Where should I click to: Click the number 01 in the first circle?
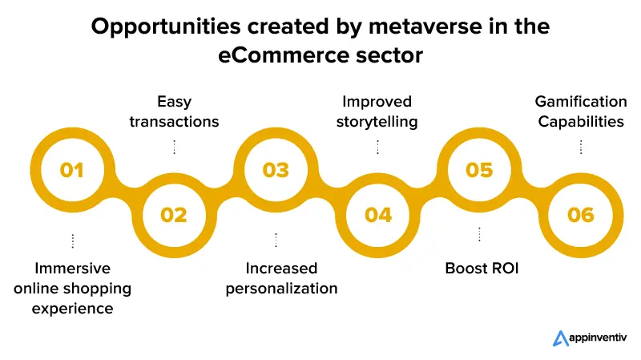tap(71, 170)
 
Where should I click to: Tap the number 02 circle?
tap(174, 215)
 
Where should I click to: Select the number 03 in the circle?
tap(276, 170)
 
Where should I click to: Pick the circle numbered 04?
tap(378, 215)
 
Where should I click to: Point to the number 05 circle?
tap(480, 170)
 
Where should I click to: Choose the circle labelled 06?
tap(581, 215)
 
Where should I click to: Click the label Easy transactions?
tap(174, 111)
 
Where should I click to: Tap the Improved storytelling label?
tap(377, 111)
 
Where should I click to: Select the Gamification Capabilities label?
tap(581, 111)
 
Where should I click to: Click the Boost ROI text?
tap(482, 268)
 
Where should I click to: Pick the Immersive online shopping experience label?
tap(72, 287)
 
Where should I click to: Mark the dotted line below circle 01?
tap(72, 241)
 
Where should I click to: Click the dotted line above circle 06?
tap(581, 146)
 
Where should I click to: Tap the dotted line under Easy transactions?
tap(174, 146)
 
